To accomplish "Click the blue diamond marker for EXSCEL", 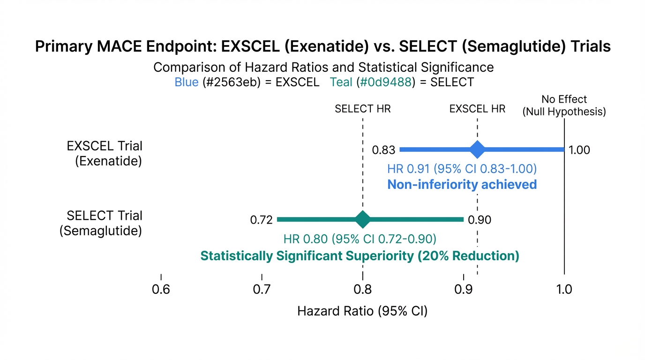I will click(x=477, y=150).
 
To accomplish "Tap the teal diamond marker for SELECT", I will click(x=362, y=219).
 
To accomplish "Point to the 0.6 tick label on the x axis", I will click(x=161, y=290).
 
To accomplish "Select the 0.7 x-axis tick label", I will click(x=262, y=290).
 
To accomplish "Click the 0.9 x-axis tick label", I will click(x=464, y=290).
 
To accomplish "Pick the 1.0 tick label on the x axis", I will click(x=564, y=290).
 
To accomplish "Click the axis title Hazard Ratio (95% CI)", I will click(x=362, y=311).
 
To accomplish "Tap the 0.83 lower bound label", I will click(x=383, y=150).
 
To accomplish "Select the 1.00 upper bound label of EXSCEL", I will click(x=579, y=150).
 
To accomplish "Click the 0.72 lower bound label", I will click(x=261, y=220).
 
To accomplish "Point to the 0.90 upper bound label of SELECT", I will click(x=480, y=220).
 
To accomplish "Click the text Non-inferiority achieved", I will click(x=462, y=184).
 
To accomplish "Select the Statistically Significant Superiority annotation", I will click(x=360, y=256).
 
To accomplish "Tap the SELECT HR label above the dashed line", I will click(x=362, y=109).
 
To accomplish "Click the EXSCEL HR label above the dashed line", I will click(x=477, y=109).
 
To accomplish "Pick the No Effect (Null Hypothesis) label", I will click(x=564, y=105).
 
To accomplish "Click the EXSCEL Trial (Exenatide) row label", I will click(x=105, y=153).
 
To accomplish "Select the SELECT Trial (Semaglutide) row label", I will click(x=101, y=223).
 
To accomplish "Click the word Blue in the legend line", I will click(x=186, y=82).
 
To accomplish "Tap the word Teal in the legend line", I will click(x=341, y=82).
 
